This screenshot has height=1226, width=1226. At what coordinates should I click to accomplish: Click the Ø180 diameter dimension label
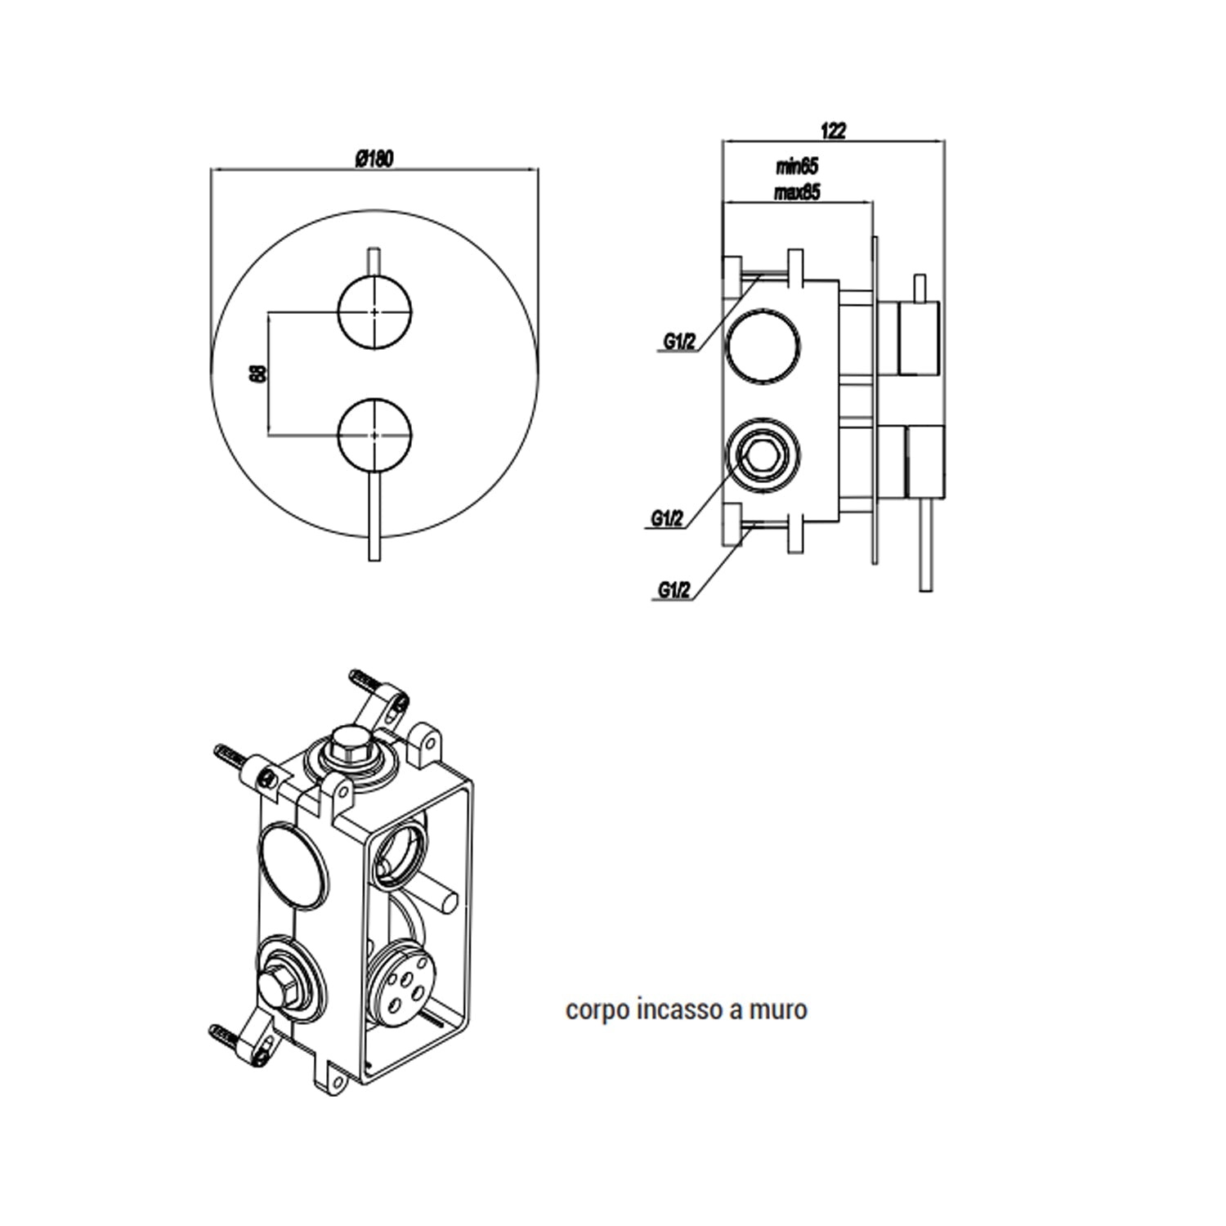pyautogui.click(x=374, y=159)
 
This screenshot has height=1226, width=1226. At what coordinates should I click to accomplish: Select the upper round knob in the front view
pyautogui.click(x=374, y=312)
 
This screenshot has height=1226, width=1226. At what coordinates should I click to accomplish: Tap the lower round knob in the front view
pyautogui.click(x=374, y=436)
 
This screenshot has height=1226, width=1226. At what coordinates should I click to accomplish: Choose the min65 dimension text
pyautogui.click(x=797, y=167)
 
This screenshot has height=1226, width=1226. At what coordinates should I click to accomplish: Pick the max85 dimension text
pyautogui.click(x=797, y=192)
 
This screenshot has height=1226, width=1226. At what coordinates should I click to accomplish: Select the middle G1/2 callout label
pyautogui.click(x=667, y=518)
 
